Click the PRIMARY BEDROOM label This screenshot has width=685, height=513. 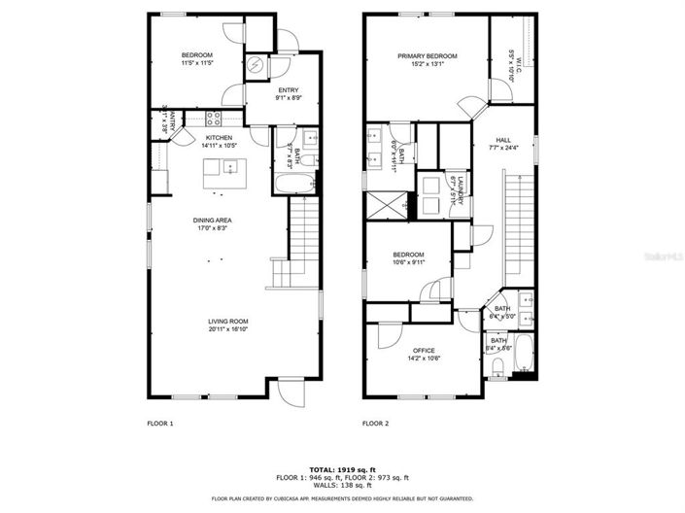point(426,56)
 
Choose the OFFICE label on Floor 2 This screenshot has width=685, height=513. point(423,350)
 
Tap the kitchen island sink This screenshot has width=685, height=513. point(229,167)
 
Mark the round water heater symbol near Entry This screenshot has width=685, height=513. point(255,65)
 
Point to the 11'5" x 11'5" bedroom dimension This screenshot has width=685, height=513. point(197,64)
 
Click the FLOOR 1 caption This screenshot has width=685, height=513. point(159,424)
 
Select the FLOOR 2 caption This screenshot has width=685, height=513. point(375,424)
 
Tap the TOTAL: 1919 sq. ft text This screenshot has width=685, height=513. point(342,468)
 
